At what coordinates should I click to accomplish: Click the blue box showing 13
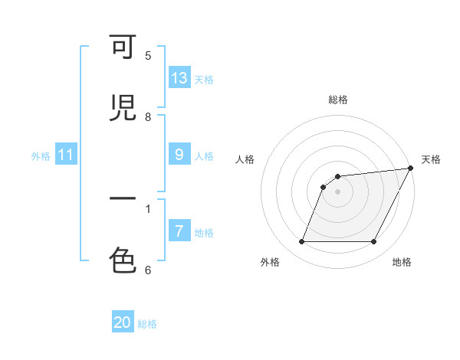(x=179, y=78)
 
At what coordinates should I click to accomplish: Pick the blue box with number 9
(x=179, y=155)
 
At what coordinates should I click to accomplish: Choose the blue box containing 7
(x=179, y=231)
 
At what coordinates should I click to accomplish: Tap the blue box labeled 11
(x=66, y=155)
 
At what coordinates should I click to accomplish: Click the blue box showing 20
(x=123, y=322)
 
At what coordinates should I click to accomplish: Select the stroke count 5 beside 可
(x=148, y=55)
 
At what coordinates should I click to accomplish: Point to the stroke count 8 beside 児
(x=148, y=116)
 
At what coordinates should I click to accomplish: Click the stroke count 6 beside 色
(x=148, y=269)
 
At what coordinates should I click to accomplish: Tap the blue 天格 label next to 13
(x=204, y=79)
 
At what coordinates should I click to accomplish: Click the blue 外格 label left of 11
(x=41, y=155)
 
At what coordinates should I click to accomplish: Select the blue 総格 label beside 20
(x=147, y=323)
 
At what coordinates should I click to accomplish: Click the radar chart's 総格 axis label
(x=338, y=100)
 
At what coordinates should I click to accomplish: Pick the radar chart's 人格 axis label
(x=245, y=159)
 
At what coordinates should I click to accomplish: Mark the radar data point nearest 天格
(x=411, y=169)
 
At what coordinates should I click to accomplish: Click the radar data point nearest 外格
(x=301, y=242)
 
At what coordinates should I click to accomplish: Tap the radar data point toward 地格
(x=374, y=242)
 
